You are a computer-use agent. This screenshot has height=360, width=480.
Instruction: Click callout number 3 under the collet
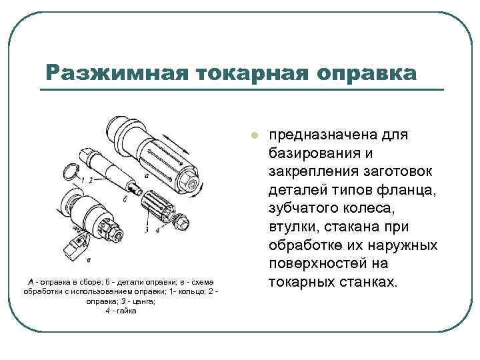[x=147, y=229]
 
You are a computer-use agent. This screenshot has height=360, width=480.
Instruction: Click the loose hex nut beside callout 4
[x=182, y=220]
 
